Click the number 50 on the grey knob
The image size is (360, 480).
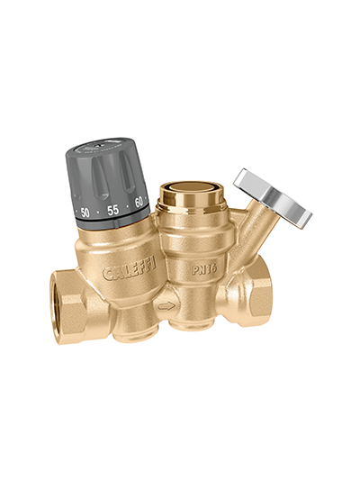click(x=85, y=213)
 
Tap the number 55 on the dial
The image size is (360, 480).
click(x=112, y=210)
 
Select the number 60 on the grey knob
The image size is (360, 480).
click(x=139, y=203)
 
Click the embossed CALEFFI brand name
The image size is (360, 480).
click(x=129, y=269)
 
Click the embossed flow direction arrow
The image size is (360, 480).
click(x=167, y=306)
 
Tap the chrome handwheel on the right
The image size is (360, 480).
click(x=273, y=199)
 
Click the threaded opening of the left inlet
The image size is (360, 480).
click(x=58, y=295)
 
